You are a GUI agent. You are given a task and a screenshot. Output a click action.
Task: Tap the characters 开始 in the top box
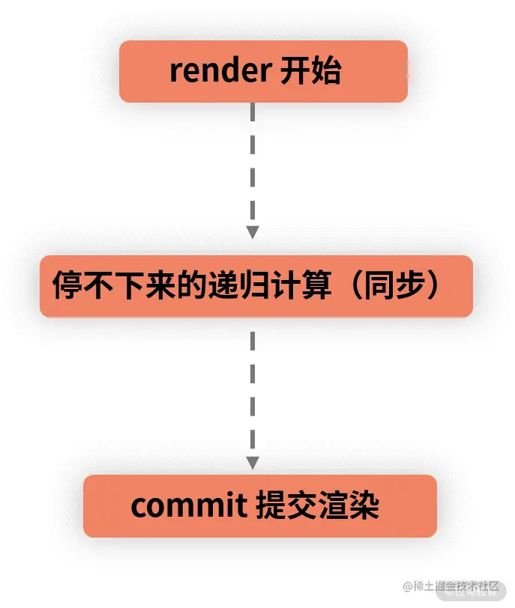point(310,72)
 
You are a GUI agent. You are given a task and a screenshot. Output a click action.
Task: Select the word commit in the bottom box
point(184,506)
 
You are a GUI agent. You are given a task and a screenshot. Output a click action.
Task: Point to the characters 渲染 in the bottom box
point(349,506)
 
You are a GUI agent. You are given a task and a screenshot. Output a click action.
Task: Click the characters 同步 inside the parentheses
point(394,285)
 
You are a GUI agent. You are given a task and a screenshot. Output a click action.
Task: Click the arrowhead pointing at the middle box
point(253,232)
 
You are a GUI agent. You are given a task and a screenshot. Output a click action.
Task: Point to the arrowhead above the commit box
point(253,461)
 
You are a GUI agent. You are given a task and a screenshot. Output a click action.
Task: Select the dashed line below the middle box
point(253,389)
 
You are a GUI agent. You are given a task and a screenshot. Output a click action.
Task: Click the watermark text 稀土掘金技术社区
point(454,587)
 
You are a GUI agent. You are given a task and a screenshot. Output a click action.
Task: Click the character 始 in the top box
point(327,72)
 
